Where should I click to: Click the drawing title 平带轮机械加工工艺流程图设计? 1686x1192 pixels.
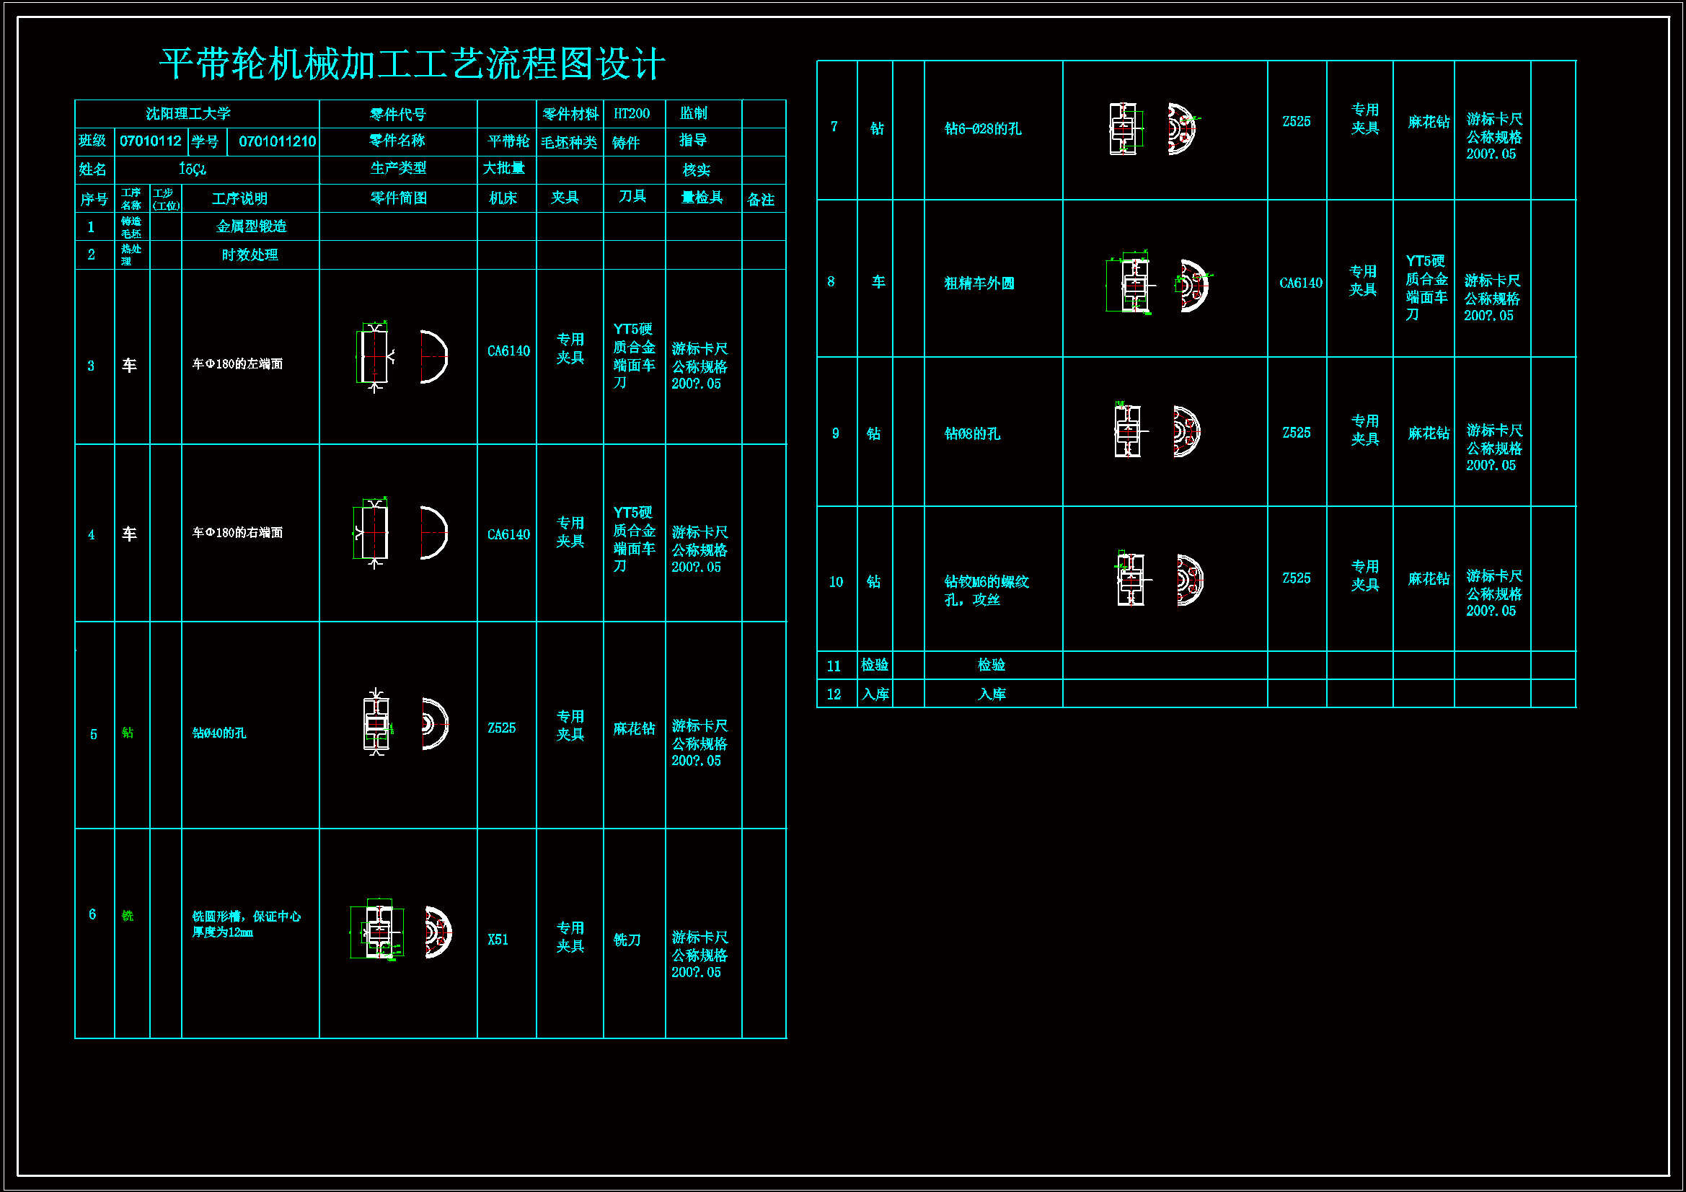[412, 64]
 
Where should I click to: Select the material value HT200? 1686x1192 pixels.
[632, 114]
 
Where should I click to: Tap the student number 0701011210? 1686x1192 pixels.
[277, 141]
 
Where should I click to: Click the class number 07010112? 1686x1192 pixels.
[151, 141]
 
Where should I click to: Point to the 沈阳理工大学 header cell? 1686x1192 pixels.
[188, 114]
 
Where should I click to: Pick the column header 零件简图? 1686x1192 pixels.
[398, 198]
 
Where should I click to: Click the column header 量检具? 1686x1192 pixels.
[702, 198]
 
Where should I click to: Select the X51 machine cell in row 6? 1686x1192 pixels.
[498, 940]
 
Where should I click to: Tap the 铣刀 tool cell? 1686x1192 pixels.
[627, 940]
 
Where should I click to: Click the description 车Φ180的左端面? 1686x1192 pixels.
[237, 364]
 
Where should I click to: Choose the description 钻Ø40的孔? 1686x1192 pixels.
[219, 733]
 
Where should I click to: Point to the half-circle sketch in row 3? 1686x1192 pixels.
[433, 357]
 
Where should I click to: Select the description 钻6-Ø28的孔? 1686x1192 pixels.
[982, 129]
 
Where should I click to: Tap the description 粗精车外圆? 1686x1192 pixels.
[979, 283]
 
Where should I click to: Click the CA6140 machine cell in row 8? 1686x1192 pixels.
[1300, 283]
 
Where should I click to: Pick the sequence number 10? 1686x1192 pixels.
[836, 583]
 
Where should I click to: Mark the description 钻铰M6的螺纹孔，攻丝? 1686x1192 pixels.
[986, 591]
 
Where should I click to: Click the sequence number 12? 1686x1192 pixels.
[834, 694]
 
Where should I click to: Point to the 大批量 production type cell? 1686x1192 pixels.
[504, 169]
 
